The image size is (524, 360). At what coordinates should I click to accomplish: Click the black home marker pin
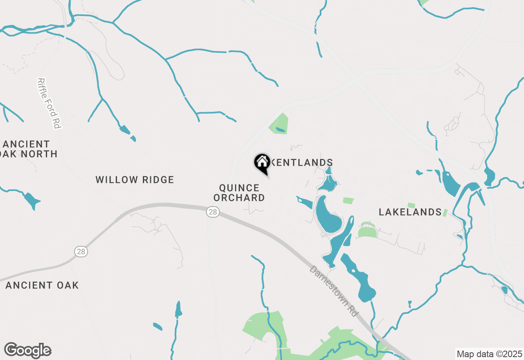point(262,163)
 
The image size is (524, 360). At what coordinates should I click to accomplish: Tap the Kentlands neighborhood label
point(302,163)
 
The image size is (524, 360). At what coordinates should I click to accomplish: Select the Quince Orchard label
point(242,193)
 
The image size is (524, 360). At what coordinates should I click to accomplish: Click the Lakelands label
point(410,212)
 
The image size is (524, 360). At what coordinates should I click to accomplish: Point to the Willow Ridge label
point(135,180)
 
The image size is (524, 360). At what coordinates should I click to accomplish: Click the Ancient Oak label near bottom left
point(42,285)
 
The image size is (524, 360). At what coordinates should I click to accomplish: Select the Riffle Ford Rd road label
point(49,103)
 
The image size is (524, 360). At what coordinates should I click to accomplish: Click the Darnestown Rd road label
point(334,291)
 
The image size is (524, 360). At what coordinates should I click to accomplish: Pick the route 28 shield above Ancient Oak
point(81,251)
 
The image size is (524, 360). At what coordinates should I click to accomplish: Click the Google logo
point(27,351)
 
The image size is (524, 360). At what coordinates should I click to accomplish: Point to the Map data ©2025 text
point(489,354)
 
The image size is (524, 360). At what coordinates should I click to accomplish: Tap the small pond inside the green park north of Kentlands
point(280,130)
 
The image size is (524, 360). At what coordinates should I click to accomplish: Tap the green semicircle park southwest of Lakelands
point(367,232)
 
